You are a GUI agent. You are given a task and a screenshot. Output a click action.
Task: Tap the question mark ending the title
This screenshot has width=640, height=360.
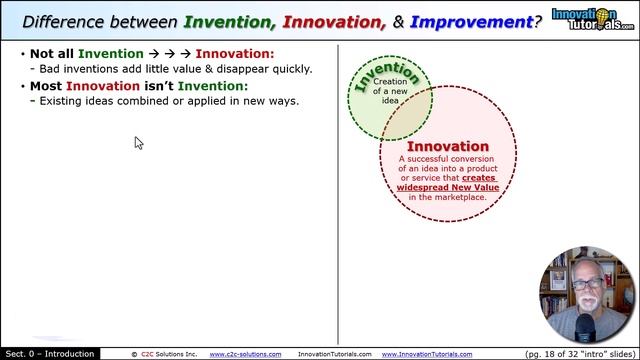point(538,20)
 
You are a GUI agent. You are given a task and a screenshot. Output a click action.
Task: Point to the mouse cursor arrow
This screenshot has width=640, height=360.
point(138,143)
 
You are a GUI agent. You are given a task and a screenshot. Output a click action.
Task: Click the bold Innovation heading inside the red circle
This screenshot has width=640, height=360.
point(447,147)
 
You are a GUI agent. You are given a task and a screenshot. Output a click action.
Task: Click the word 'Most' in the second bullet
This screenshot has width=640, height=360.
point(46,86)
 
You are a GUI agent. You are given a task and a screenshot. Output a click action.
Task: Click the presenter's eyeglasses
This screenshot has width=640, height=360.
point(588,284)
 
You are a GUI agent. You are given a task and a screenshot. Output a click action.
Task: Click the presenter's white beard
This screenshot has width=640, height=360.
point(588,304)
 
